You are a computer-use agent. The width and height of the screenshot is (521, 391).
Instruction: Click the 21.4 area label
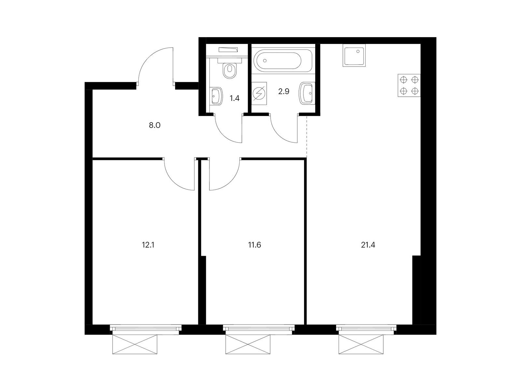[368, 245]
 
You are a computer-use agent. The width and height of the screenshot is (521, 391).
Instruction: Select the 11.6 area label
[254, 245]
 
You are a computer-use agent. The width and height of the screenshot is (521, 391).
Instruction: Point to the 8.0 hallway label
[155, 125]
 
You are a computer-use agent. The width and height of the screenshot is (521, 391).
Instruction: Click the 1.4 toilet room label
[234, 98]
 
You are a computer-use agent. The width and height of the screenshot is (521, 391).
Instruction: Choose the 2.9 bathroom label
[284, 92]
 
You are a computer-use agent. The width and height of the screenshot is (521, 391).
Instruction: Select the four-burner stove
[409, 85]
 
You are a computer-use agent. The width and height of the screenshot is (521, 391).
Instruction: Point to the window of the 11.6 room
[259, 329]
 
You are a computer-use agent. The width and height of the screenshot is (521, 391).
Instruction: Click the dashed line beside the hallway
[307, 137]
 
